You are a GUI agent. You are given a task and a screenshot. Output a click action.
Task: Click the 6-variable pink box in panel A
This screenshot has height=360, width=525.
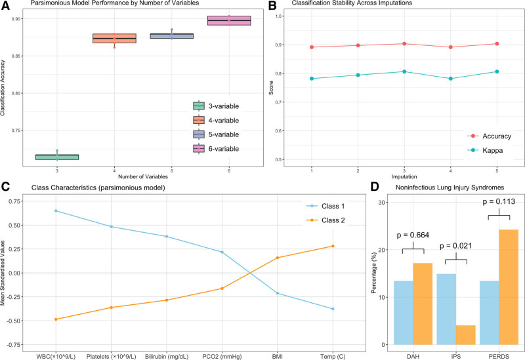[228, 20]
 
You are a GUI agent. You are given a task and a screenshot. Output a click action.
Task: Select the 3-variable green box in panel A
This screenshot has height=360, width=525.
[57, 157]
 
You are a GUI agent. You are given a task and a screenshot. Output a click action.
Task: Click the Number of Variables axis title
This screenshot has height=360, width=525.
[142, 176]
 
